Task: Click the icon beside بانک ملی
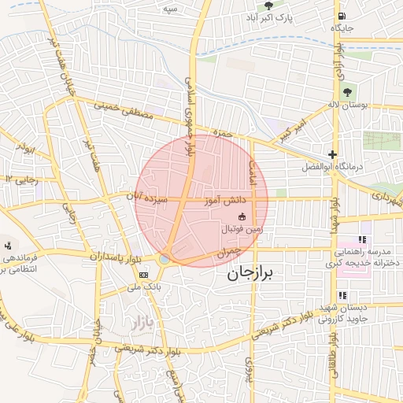[x=143, y=275]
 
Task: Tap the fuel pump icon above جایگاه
[x=341, y=16]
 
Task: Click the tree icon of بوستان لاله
[x=347, y=92]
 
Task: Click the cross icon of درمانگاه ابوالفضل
[x=333, y=154]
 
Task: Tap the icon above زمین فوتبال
[x=241, y=216]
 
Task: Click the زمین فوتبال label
[x=241, y=228]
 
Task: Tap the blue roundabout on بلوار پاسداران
[x=164, y=258]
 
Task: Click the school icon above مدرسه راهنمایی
[x=362, y=239]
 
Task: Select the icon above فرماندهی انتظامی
[x=8, y=246]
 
